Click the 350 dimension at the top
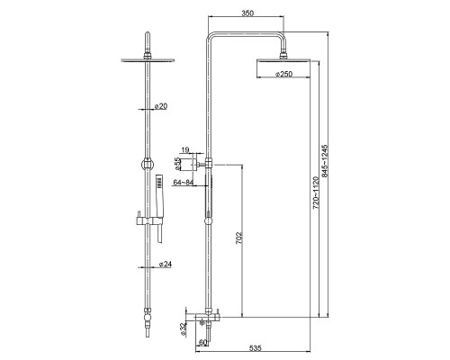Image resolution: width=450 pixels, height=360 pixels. coord(247,13)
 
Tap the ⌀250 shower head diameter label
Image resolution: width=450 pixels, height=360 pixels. coord(283,74)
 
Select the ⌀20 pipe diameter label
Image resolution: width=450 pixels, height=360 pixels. coord(161,106)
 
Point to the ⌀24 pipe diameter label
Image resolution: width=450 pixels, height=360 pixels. coord(166,264)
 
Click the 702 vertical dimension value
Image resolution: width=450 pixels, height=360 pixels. coord(238,238)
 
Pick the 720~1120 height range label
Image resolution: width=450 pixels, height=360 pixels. coord(316,193)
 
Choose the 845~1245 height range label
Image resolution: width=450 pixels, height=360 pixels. coord(325,161)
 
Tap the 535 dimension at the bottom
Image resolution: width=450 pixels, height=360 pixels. coord(256,348)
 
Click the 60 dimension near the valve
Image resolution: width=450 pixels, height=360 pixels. coord(202,342)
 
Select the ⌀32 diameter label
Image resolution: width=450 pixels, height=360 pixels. coord(184,330)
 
